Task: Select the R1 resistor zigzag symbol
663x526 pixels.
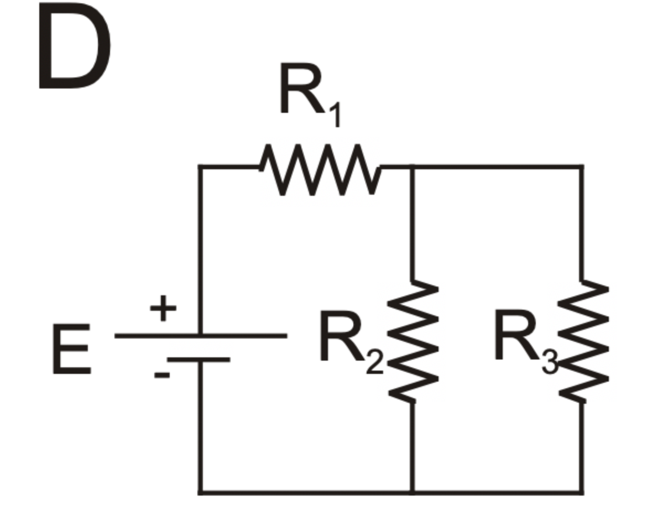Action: tap(320, 169)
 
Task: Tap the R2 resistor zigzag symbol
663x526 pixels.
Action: tap(413, 341)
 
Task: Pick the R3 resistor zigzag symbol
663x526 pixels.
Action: tap(583, 341)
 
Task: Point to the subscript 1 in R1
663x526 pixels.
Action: tap(333, 115)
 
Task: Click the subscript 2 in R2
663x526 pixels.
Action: tap(374, 363)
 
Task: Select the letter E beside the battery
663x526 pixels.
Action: tap(71, 350)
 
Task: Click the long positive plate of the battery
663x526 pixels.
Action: tap(200, 335)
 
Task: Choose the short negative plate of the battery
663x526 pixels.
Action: tap(199, 360)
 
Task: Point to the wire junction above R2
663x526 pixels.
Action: tap(412, 166)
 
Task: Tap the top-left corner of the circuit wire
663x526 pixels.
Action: tap(200, 166)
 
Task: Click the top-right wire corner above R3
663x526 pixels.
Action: tap(582, 166)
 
